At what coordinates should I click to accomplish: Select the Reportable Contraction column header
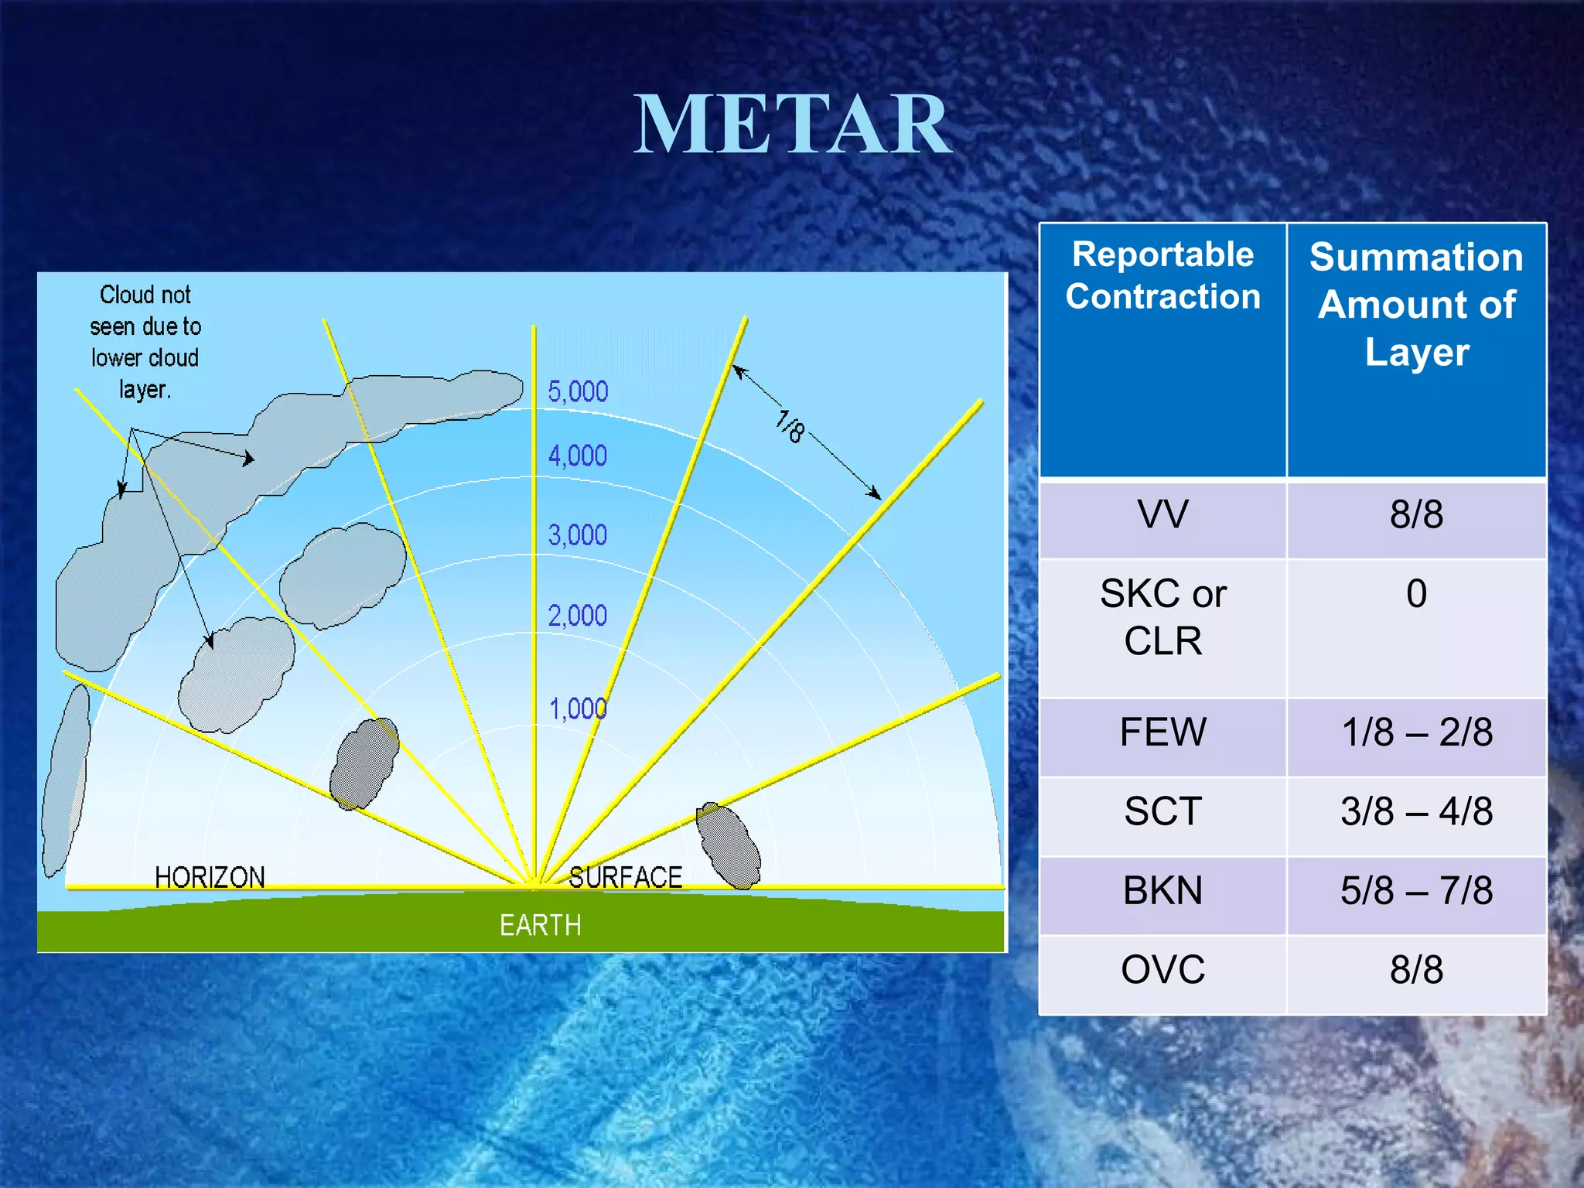(x=1162, y=276)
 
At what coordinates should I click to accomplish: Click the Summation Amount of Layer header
(x=1416, y=304)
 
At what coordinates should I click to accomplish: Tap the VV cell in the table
(x=1162, y=515)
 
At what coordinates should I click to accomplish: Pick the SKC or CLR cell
(x=1162, y=617)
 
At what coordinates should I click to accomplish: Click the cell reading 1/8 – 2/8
(x=1416, y=732)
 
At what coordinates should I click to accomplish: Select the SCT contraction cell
(x=1162, y=812)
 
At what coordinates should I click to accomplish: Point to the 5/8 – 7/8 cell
(x=1416, y=891)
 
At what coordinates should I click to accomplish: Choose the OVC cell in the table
(x=1162, y=970)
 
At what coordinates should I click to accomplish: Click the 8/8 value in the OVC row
(x=1416, y=970)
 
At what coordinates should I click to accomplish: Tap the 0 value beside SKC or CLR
(x=1416, y=594)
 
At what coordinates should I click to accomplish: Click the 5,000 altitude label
(x=578, y=392)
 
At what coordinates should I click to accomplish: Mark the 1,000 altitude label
(x=578, y=709)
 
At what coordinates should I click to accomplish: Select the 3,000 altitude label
(x=578, y=535)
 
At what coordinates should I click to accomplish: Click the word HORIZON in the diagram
(x=210, y=878)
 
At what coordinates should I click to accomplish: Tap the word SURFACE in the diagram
(x=625, y=878)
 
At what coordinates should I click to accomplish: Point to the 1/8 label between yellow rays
(x=790, y=427)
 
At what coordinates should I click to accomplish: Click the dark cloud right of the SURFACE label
(x=728, y=846)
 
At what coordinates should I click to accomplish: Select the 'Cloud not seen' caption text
(x=145, y=342)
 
